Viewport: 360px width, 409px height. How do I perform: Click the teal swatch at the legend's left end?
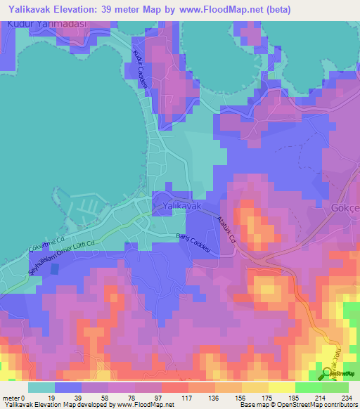(x=41, y=387)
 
